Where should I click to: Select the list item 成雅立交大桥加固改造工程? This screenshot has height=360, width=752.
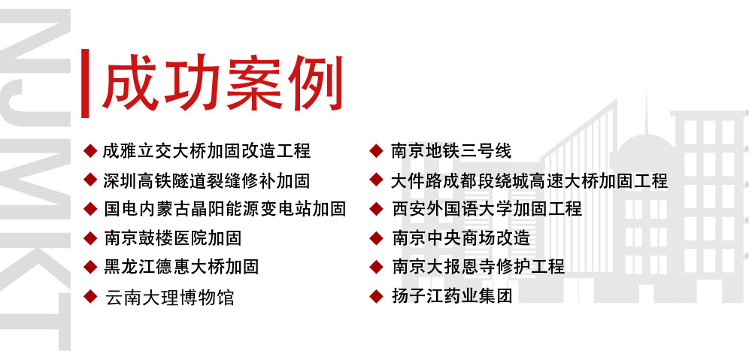(x=207, y=151)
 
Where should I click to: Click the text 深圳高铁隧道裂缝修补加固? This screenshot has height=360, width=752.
(x=207, y=180)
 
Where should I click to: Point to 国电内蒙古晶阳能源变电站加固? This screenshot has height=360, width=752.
(x=225, y=209)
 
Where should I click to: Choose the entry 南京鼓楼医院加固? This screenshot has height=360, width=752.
(x=173, y=238)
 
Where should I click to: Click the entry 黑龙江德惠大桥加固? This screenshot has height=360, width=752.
(x=181, y=267)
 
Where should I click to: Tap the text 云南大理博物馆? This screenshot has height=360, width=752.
(x=169, y=297)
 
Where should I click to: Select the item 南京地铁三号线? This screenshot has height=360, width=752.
(x=451, y=151)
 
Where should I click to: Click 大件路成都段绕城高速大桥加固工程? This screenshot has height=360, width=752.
(x=529, y=180)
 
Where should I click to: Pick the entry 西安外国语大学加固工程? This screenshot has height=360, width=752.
(x=487, y=209)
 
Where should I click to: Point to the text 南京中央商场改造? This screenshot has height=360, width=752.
(x=461, y=238)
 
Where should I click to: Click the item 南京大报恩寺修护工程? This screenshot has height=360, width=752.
(x=478, y=267)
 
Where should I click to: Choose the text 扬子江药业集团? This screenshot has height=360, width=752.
(x=452, y=296)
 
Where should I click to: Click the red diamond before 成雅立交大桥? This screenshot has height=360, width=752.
(x=90, y=150)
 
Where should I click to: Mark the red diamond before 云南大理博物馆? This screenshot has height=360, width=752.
(x=90, y=296)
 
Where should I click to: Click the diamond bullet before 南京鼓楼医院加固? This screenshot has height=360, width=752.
(x=90, y=238)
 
